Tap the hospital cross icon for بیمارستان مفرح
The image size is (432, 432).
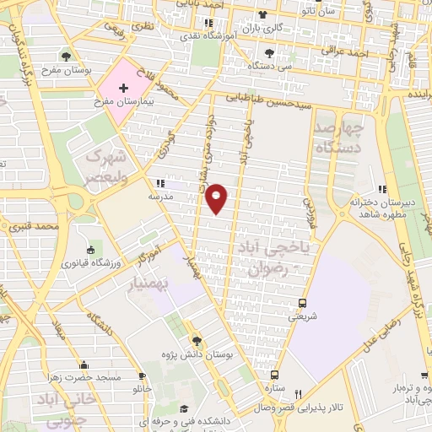(124, 88)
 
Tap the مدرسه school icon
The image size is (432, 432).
(159, 183)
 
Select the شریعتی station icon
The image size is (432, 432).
(301, 303)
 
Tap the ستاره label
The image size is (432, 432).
(274, 389)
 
